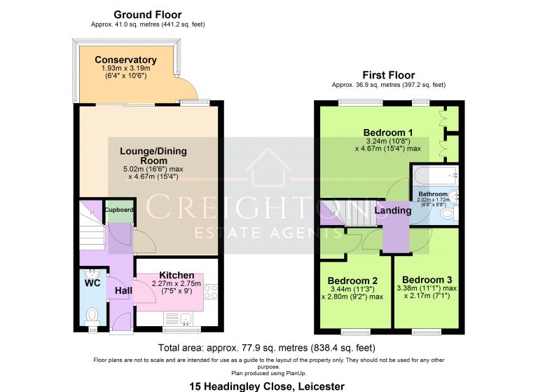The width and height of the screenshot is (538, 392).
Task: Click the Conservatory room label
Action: point(125,60)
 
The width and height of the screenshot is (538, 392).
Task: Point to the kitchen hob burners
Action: point(211,292)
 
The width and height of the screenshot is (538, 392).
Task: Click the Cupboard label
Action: point(118,210)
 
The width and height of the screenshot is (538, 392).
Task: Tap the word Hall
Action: point(123,290)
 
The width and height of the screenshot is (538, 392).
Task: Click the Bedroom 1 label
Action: point(388,133)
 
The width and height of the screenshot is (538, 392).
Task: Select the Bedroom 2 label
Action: point(352,281)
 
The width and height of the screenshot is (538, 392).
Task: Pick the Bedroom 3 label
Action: point(427,280)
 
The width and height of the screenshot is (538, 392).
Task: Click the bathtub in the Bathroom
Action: point(436,175)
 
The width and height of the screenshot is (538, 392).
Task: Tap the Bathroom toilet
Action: point(450,213)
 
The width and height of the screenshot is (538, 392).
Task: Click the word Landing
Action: point(393,210)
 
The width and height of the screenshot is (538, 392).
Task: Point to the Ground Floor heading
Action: point(148,15)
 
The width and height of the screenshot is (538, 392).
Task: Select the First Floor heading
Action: point(389,75)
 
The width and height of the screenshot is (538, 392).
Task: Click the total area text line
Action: point(267,348)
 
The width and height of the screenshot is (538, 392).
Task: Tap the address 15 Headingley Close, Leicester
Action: point(267,386)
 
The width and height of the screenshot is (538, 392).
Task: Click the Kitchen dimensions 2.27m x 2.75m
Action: point(177,284)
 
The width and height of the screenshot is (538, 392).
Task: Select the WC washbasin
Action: point(92,274)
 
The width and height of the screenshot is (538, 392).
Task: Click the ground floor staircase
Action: point(92,226)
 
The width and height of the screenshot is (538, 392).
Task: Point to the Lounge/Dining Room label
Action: point(153,156)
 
